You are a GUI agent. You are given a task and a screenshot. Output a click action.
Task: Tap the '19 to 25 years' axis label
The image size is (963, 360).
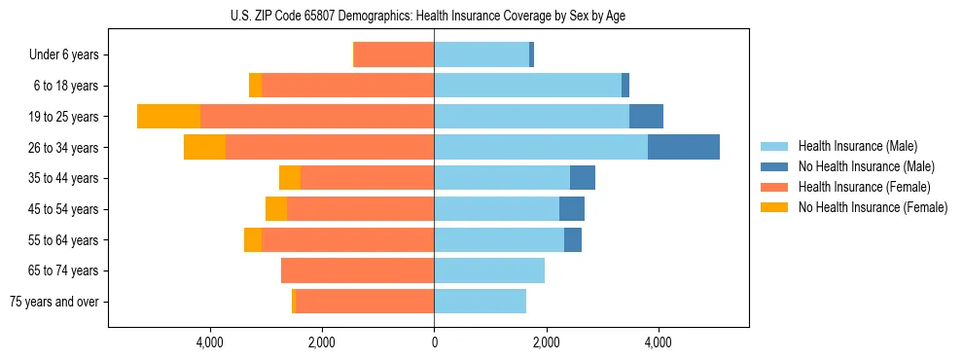pyautogui.click(x=65, y=117)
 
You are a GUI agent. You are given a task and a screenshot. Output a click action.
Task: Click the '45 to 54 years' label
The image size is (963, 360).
pyautogui.click(x=65, y=209)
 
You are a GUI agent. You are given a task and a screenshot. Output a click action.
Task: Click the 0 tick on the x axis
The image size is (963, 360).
pyautogui.click(x=434, y=342)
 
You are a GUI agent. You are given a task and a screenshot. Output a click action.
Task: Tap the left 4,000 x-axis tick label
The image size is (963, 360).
pyautogui.click(x=210, y=342)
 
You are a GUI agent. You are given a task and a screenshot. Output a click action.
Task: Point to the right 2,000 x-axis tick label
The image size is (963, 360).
pyautogui.click(x=547, y=342)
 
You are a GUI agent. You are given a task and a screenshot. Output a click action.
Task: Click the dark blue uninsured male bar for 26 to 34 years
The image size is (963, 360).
pyautogui.click(x=684, y=147)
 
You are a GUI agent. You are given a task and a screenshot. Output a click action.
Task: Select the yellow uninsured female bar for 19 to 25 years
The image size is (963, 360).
pyautogui.click(x=168, y=117)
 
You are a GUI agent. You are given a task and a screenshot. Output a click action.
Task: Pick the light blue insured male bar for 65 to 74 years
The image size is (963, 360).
pyautogui.click(x=489, y=270)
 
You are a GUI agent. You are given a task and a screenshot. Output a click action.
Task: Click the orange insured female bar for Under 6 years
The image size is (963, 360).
pyautogui.click(x=394, y=54)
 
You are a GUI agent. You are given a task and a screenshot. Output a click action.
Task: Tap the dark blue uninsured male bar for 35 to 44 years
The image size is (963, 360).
pyautogui.click(x=583, y=178)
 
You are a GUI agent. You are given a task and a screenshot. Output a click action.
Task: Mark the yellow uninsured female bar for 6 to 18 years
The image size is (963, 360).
pyautogui.click(x=255, y=86)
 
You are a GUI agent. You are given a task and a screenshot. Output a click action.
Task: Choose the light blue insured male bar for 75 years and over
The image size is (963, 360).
pyautogui.click(x=480, y=302)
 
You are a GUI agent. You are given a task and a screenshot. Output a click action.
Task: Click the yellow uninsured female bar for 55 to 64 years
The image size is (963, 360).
pyautogui.click(x=253, y=239)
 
